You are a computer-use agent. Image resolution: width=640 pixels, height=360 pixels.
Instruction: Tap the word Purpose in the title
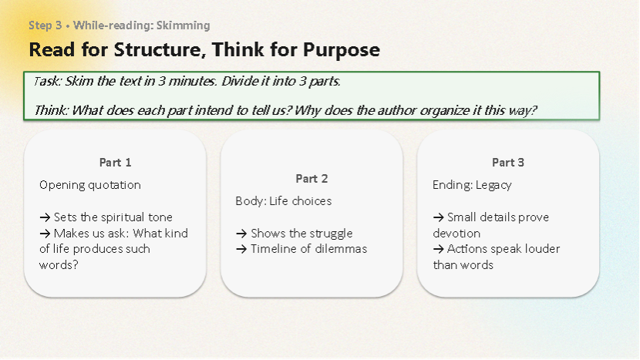click(x=342, y=51)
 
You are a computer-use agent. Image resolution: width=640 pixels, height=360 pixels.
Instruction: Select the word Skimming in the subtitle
click(x=184, y=25)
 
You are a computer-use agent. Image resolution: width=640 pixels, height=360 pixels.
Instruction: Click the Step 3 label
click(x=45, y=25)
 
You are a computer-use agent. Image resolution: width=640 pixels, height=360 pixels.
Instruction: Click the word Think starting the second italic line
click(x=52, y=110)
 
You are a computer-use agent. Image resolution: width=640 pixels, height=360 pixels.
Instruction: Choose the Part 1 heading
click(x=115, y=163)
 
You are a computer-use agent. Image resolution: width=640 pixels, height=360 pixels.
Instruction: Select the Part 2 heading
click(x=312, y=179)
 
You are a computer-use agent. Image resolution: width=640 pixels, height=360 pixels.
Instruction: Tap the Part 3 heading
click(x=507, y=163)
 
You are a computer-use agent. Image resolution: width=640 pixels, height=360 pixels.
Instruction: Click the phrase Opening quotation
click(x=90, y=185)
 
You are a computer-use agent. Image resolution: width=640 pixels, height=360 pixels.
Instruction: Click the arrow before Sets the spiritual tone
click(x=45, y=217)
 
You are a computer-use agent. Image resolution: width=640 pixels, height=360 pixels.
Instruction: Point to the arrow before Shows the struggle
click(x=241, y=234)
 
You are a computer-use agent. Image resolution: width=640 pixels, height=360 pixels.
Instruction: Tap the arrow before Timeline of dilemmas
click(x=241, y=250)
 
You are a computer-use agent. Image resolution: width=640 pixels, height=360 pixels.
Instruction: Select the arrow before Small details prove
click(x=439, y=217)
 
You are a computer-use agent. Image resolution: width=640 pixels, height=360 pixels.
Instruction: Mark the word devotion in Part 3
click(x=456, y=234)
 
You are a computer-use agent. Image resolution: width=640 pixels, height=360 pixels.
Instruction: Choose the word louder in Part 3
click(x=541, y=249)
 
